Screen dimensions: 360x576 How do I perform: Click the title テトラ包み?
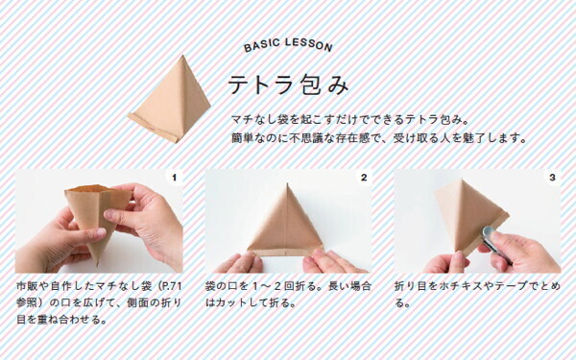287,85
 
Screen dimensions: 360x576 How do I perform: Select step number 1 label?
173,179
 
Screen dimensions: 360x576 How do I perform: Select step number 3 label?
552,179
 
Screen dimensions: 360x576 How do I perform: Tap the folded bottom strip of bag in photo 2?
287,252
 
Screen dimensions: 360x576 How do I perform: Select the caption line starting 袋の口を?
284,287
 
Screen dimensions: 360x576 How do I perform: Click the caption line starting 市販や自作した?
96,287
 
